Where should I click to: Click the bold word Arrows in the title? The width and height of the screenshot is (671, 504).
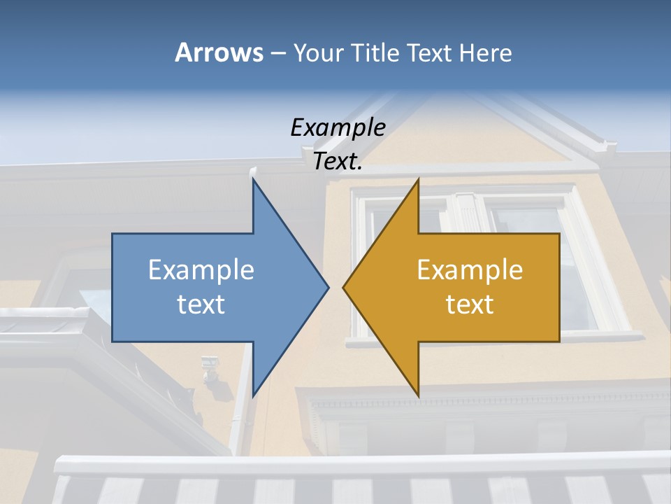coord(219,52)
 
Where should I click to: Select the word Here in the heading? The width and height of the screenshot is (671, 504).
coord(485,52)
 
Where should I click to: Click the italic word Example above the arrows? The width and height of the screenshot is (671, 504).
coord(338,128)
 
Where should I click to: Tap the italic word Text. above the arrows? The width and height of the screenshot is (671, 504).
coord(338,162)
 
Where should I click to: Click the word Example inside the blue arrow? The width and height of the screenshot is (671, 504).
coord(201,270)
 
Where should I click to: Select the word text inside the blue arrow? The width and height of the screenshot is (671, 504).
coord(201,304)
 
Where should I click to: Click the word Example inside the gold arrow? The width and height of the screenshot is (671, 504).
coord(470,270)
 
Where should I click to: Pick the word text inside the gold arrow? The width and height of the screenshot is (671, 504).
coord(470,304)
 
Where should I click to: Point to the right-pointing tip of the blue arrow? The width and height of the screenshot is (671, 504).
coord(328,287)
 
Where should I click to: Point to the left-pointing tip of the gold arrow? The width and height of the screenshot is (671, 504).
coord(344,287)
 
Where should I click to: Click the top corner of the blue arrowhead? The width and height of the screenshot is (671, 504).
coord(253,180)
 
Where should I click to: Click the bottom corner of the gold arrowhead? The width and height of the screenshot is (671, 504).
coord(418,395)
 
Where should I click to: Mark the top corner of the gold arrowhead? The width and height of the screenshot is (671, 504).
coord(418,180)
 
